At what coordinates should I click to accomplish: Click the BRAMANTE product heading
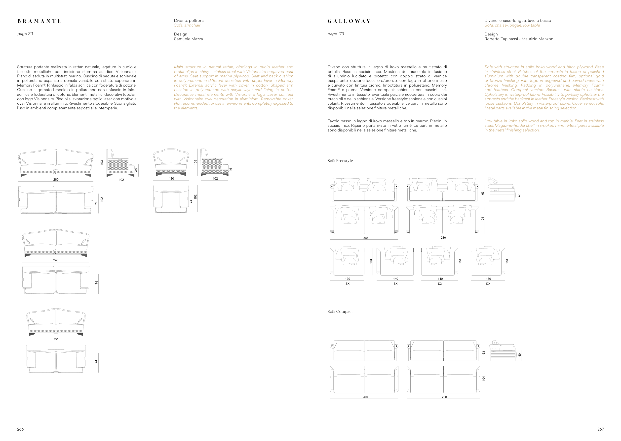click(39, 21)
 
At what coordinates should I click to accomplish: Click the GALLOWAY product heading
click(349, 21)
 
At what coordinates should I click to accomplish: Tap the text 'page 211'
click(25, 34)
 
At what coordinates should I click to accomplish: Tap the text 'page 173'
click(336, 34)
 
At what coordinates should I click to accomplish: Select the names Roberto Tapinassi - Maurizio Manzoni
click(519, 39)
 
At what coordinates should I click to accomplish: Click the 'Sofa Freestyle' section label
click(340, 161)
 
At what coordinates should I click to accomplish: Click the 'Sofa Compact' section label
click(340, 312)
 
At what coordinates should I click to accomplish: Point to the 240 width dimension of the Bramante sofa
click(56, 260)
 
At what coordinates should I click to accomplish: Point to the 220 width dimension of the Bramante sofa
click(57, 339)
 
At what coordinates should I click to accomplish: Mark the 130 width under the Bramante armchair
click(171, 178)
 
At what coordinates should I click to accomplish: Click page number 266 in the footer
click(20, 429)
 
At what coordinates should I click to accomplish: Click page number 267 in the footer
click(600, 429)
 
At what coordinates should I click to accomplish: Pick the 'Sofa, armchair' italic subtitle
click(187, 25)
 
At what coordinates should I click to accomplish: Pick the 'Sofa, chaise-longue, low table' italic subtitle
click(512, 25)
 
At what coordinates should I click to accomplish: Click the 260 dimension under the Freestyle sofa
click(365, 238)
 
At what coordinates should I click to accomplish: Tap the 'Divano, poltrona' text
click(189, 21)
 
